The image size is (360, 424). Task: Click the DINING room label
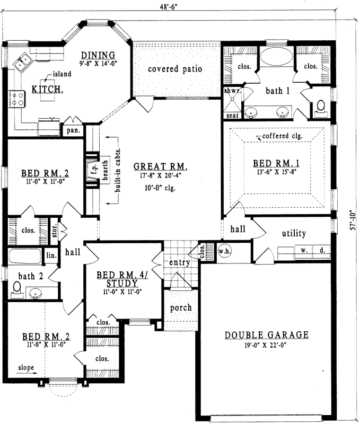(98, 55)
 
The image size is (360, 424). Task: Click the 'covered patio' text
(175, 69)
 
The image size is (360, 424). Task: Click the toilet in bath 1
(321, 108)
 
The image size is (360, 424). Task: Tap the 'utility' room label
(294, 233)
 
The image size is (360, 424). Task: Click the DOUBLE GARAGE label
(266, 335)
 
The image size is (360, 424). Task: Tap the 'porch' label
(181, 307)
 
